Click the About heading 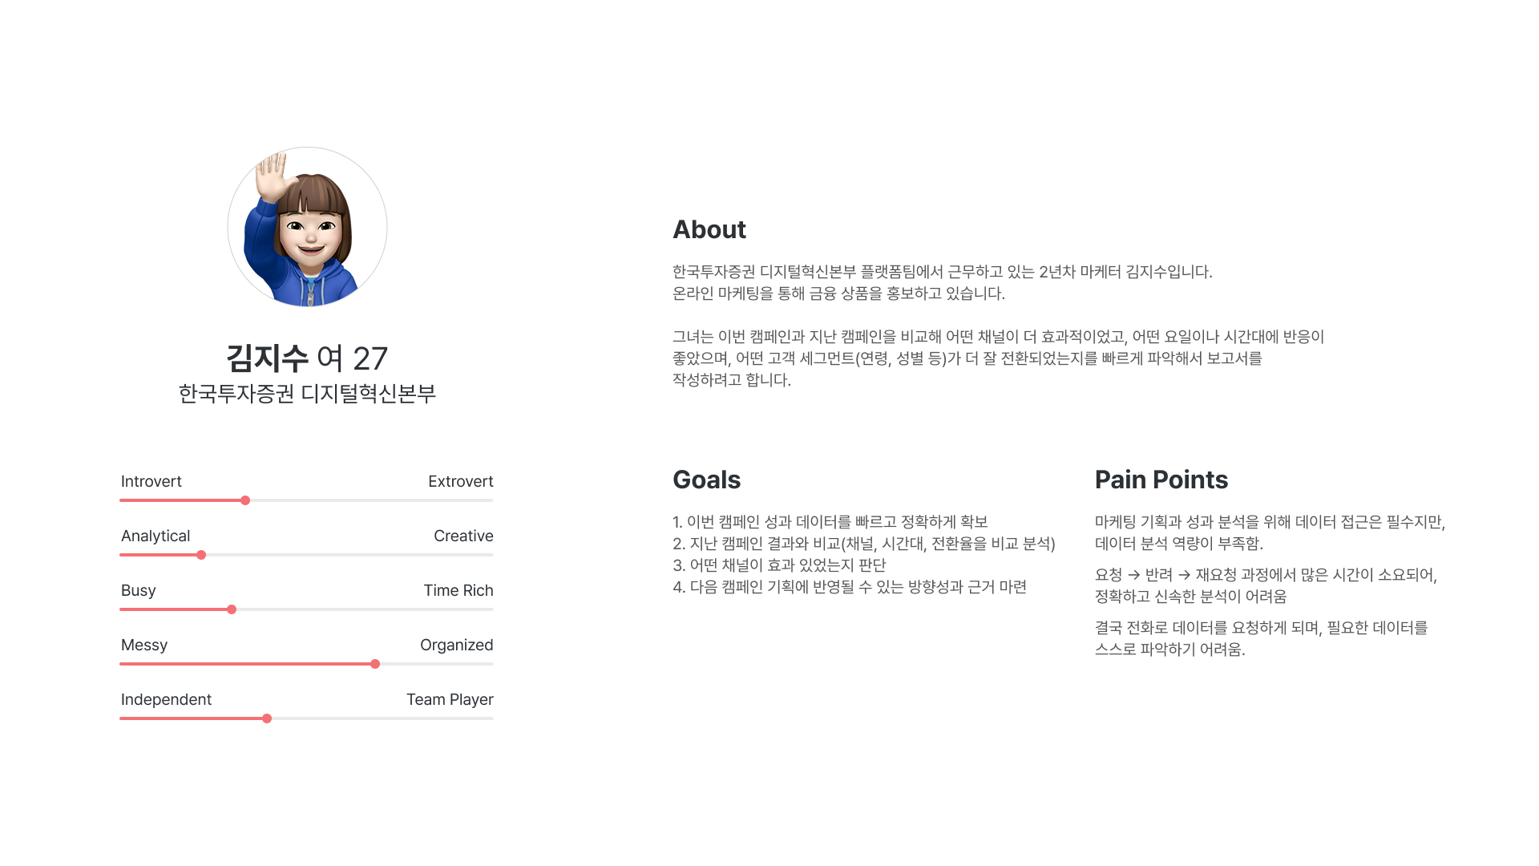(709, 230)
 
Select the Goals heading (706, 480)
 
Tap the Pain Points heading (1161, 480)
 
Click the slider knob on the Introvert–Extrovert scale (245, 500)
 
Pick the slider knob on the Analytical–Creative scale (201, 555)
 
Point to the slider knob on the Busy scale (232, 609)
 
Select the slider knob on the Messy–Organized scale (375, 664)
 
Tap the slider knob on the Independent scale (267, 718)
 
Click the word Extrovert (461, 481)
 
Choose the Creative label (463, 536)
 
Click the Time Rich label (458, 590)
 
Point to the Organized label (457, 645)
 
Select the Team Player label (450, 700)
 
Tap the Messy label (144, 645)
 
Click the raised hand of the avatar (271, 176)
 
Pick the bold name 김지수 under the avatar (267, 358)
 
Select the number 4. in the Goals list (679, 587)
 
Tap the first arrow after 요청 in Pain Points (1133, 575)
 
